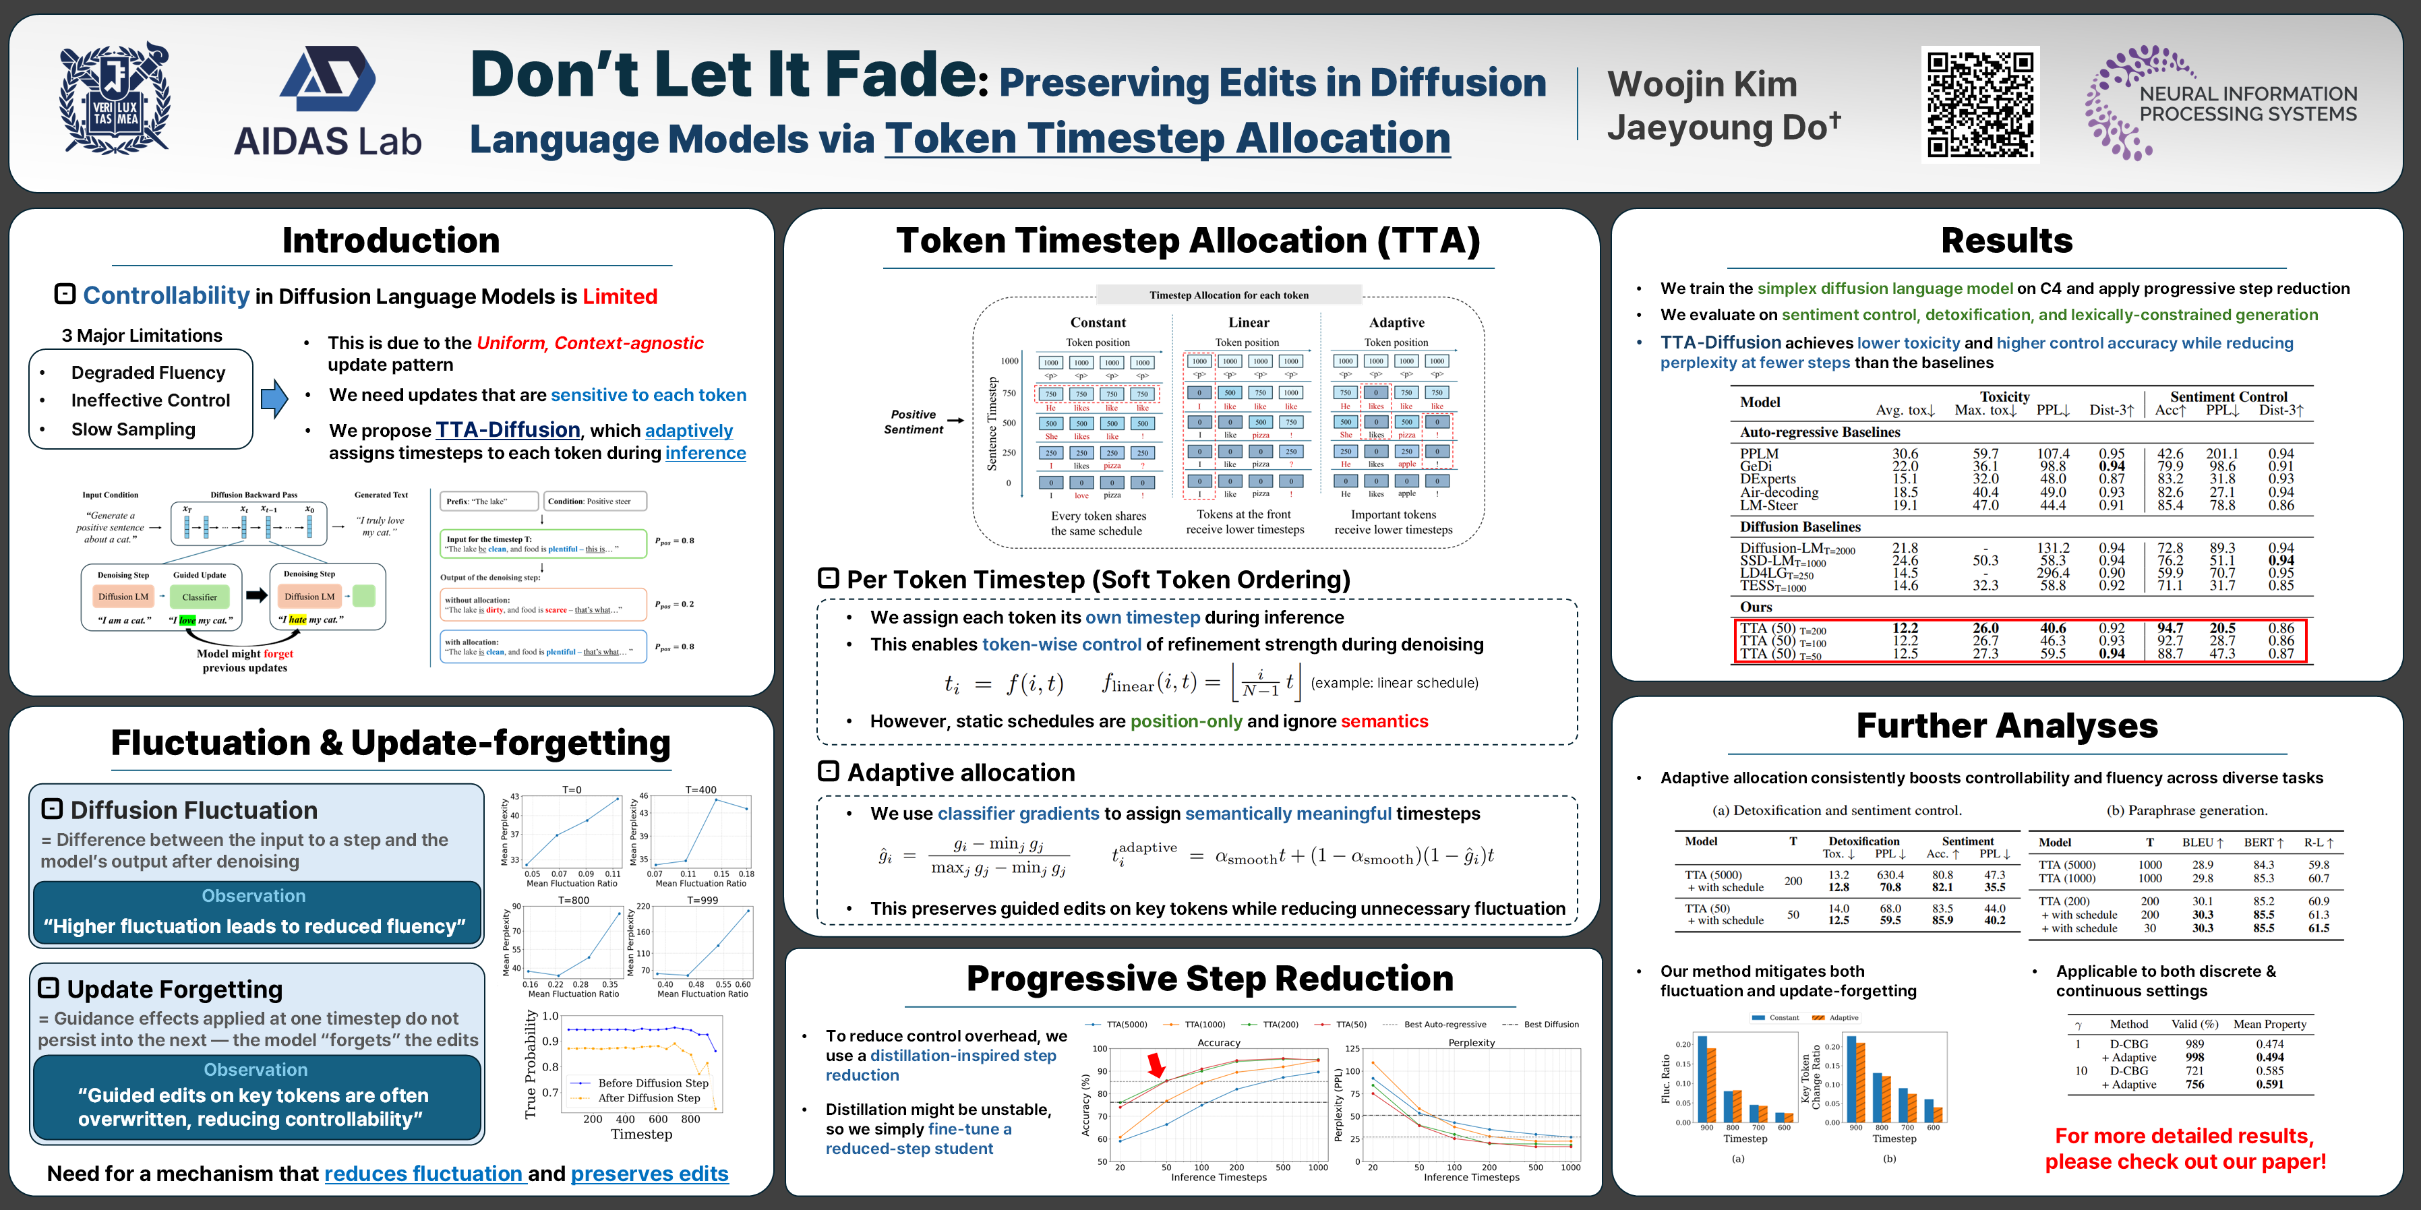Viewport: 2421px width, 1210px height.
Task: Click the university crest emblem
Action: (115, 98)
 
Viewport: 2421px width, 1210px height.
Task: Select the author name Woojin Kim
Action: (1701, 84)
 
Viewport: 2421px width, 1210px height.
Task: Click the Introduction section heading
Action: (391, 241)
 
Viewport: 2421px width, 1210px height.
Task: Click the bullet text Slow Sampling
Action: (133, 429)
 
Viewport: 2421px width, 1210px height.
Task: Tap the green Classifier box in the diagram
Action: (200, 597)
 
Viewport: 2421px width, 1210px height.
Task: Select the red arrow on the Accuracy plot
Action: (1156, 1064)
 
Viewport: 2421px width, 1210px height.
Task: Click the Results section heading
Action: (2006, 241)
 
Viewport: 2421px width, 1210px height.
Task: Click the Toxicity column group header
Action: (2004, 396)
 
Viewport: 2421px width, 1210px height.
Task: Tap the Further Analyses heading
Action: (2006, 726)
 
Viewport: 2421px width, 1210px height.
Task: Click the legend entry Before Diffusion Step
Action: (652, 1083)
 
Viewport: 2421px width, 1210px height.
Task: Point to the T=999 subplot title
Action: (702, 900)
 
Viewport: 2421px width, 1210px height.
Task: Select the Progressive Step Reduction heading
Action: (1209, 979)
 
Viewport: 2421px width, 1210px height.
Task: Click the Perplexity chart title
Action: (1471, 1043)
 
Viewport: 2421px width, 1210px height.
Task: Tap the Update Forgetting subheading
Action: (174, 989)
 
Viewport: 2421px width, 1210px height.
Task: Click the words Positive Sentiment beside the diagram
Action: (913, 422)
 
